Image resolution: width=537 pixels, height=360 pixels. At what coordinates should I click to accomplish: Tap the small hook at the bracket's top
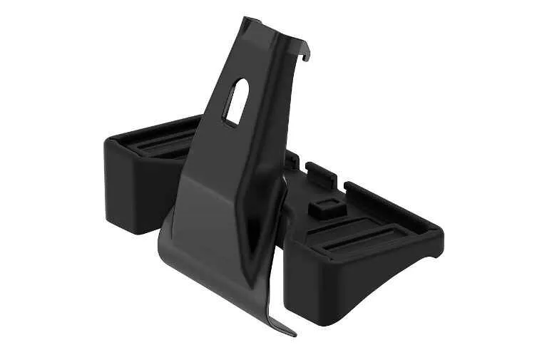coord(307,51)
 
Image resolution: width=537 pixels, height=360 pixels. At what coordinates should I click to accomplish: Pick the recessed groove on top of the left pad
coord(160,147)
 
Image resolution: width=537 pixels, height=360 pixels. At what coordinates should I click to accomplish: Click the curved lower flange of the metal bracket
coord(214,264)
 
